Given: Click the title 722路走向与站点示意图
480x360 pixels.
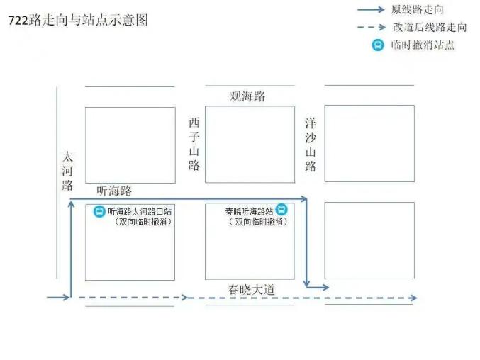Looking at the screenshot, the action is [x=78, y=21].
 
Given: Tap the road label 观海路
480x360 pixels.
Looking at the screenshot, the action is [x=247, y=96].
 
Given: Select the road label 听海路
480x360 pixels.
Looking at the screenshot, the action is [x=114, y=191].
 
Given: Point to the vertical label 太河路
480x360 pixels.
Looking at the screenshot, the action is [x=67, y=171].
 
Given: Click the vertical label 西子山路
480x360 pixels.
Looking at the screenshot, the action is [x=194, y=144].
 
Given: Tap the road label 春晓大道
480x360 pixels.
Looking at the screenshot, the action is [x=251, y=289].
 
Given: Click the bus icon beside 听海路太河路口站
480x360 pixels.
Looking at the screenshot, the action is [x=99, y=211].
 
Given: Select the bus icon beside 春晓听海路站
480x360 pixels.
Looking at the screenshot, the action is [x=281, y=210].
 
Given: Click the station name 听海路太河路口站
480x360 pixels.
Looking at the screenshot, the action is [x=140, y=211].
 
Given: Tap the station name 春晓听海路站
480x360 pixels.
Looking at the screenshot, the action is [x=249, y=211].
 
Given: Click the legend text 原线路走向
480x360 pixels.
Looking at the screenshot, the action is [x=417, y=10].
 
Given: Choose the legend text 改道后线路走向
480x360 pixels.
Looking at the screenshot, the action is [x=430, y=27].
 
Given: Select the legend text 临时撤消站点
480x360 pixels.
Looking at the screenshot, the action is [x=423, y=45].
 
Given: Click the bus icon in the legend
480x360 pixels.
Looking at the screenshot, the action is [x=378, y=45].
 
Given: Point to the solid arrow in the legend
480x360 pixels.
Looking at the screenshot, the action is [x=371, y=9].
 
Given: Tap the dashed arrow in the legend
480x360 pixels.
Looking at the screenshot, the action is [x=372, y=27].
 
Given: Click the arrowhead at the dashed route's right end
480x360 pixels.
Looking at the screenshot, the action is [x=413, y=298].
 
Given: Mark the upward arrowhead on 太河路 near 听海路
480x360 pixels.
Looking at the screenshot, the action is [x=71, y=204].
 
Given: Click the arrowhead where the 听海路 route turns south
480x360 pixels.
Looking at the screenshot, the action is [x=303, y=199].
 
